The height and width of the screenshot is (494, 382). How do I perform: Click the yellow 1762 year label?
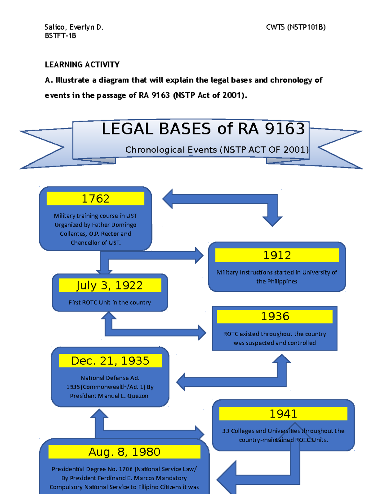click(95, 198)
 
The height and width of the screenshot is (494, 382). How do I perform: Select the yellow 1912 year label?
click(277, 255)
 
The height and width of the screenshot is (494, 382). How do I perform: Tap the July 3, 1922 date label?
click(110, 285)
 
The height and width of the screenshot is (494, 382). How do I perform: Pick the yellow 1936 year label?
click(275, 316)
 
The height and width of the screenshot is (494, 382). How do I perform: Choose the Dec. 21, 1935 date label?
click(110, 361)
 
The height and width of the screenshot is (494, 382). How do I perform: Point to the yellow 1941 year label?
click(283, 414)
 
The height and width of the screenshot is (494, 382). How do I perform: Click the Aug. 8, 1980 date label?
click(124, 452)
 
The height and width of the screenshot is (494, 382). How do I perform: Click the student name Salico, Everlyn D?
click(74, 27)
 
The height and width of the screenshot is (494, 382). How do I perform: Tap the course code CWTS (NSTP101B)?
click(296, 27)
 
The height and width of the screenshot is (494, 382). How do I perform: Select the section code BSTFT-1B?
click(60, 36)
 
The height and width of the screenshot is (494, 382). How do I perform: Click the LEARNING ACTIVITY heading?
click(82, 65)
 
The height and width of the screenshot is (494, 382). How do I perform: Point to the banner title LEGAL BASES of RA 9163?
click(203, 129)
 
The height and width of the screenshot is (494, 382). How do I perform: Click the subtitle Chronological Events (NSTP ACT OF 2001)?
click(217, 150)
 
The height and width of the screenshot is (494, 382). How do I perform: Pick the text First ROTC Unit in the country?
click(110, 303)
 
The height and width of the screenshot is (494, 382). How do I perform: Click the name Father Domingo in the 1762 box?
click(114, 225)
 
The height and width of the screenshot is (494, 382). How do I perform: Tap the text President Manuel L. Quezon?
click(109, 396)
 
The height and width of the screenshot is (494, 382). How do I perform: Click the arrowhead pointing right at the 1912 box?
click(199, 255)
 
